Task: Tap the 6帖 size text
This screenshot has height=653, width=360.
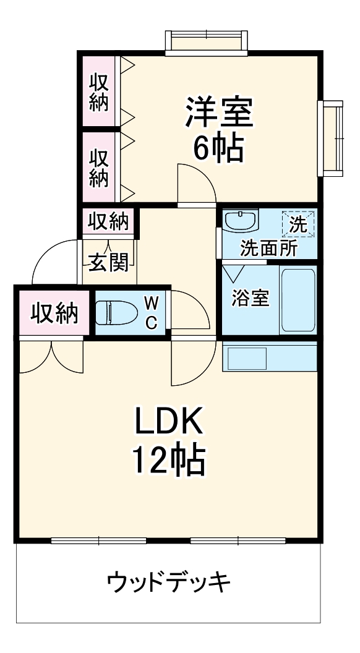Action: (218, 148)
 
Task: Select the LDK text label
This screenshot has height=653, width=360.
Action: (169, 424)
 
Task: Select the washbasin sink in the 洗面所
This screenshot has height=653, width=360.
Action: (240, 221)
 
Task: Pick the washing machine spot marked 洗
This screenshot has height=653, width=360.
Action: (298, 223)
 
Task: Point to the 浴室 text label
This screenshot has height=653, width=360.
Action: (251, 298)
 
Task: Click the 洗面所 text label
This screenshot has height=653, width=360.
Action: (268, 248)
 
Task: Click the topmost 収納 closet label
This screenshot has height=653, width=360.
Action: (98, 92)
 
